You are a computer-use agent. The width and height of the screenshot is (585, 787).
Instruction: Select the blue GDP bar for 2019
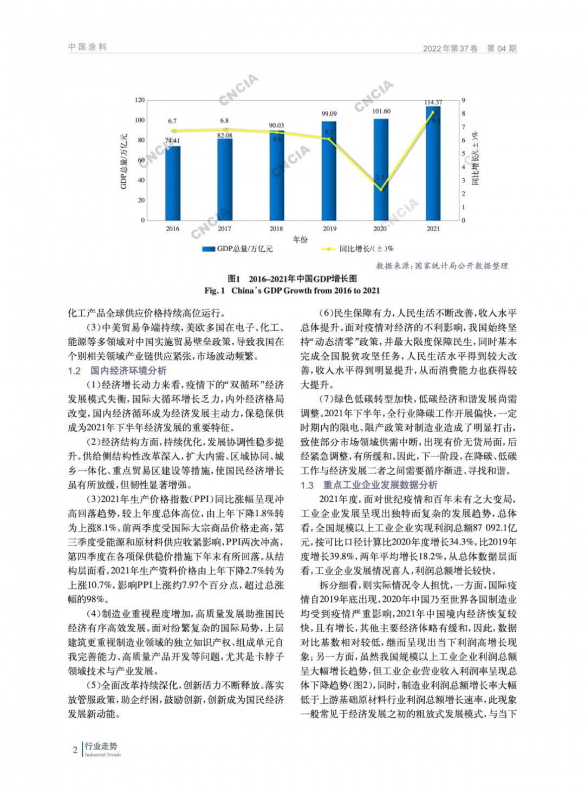coord(329,171)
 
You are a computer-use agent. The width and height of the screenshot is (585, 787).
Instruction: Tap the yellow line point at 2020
coord(381,190)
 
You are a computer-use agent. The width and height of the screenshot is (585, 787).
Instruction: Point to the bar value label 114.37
coord(433,102)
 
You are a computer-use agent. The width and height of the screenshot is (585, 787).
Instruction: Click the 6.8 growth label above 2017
coord(224,121)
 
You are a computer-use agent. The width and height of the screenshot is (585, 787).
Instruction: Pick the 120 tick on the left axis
coord(140,100)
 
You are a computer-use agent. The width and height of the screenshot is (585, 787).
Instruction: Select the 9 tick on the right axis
coord(464,100)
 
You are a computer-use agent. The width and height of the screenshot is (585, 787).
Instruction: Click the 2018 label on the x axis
coord(276,228)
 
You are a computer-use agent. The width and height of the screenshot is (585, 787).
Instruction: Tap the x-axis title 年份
coord(300,239)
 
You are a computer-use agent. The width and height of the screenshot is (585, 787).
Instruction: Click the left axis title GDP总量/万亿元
coord(123,161)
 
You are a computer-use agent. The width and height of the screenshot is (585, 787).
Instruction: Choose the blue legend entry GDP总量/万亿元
coord(238,249)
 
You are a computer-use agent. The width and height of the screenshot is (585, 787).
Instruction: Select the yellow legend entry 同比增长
coord(358,249)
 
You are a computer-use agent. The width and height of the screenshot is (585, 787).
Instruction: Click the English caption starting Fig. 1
coord(292,291)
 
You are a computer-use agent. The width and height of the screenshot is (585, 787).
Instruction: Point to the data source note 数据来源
coord(442,266)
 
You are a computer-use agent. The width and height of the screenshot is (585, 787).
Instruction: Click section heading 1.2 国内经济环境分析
coord(117,371)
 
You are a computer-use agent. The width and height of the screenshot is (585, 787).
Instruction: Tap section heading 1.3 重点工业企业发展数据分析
coord(369,485)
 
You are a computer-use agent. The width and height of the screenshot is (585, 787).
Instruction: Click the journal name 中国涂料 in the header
coord(87,47)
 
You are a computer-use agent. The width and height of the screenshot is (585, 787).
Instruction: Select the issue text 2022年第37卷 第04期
coord(470,48)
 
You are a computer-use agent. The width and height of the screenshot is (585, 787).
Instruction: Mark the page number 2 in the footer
coord(75,750)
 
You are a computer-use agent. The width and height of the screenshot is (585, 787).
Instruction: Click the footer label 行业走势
coord(101,746)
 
